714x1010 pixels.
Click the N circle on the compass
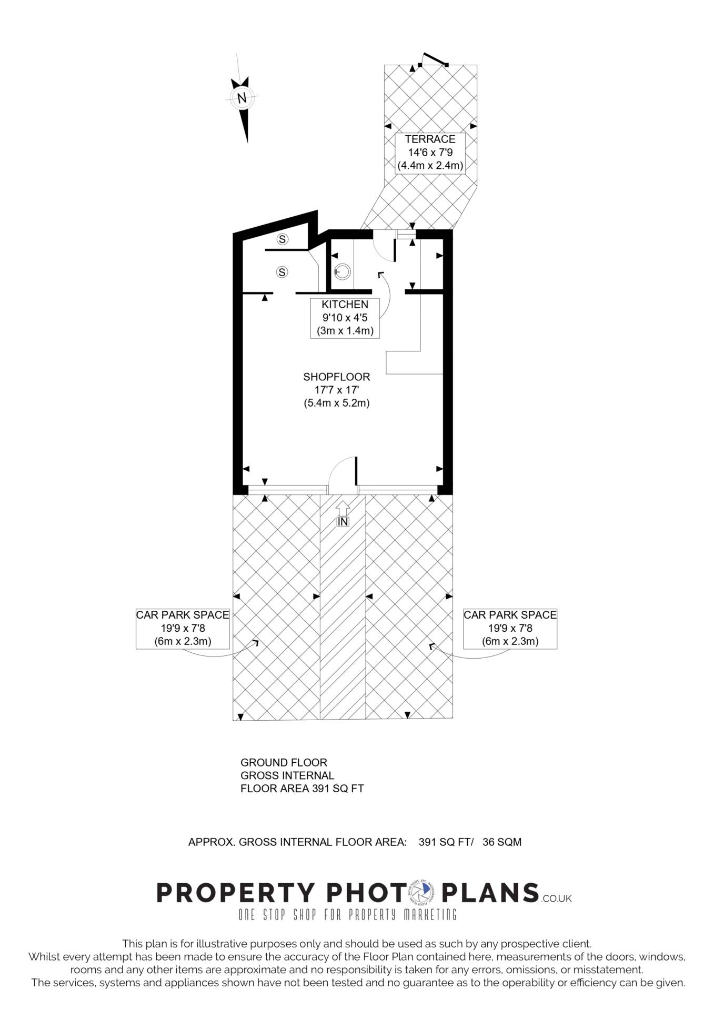point(242,98)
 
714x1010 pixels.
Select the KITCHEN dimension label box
point(345,318)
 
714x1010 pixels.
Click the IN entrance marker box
point(343,521)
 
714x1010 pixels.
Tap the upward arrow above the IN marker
point(343,508)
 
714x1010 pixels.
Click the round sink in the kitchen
point(343,271)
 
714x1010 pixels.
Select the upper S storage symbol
point(283,239)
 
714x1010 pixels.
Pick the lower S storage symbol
point(283,272)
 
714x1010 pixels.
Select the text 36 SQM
point(502,842)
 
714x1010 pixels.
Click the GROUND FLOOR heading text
point(284,762)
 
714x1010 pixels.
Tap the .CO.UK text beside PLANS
point(556,898)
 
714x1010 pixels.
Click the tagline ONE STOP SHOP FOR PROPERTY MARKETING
point(348,915)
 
